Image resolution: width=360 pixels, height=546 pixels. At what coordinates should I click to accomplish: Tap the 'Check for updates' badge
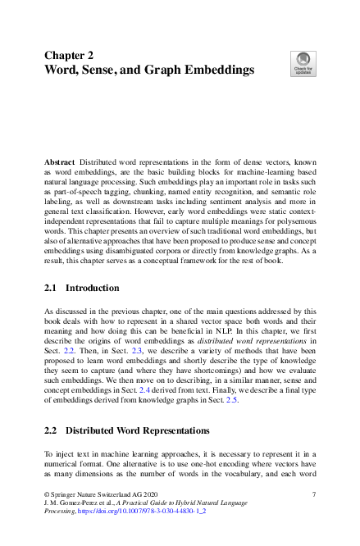(303, 63)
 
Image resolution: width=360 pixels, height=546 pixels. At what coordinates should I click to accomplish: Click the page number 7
(314, 494)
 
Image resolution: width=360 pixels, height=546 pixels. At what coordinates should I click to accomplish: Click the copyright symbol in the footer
(46, 494)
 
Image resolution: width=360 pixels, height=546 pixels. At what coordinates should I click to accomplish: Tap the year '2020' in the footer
(139, 494)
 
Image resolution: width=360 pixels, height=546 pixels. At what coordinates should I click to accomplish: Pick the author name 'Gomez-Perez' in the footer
(77, 503)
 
